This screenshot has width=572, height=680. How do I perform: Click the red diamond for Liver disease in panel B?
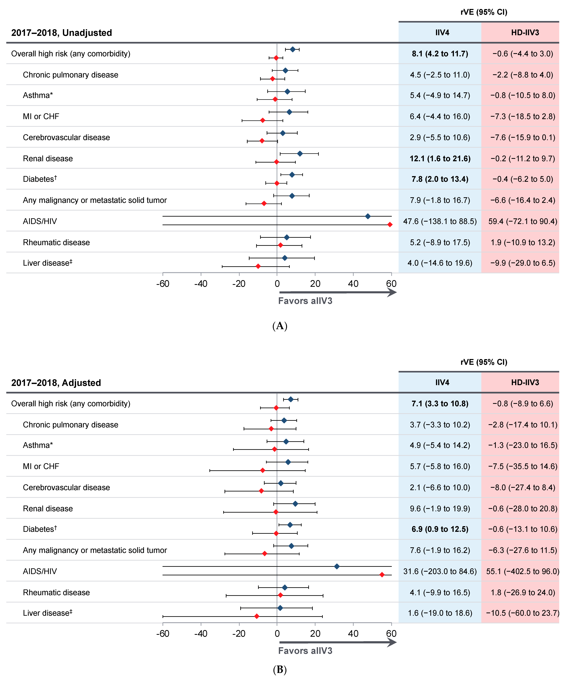click(x=257, y=616)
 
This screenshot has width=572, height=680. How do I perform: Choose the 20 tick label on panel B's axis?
click(x=315, y=634)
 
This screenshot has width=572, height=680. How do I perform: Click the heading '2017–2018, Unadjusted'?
click(x=62, y=33)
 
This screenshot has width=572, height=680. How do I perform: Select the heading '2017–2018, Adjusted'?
click(x=56, y=383)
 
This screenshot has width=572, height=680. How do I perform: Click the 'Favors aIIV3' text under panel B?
click(x=305, y=651)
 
